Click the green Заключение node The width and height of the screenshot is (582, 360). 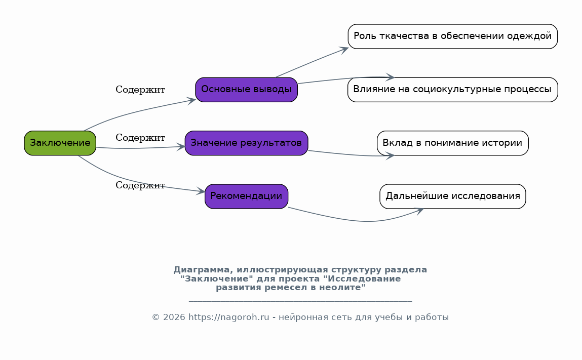click(60, 143)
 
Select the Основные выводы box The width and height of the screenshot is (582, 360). click(247, 90)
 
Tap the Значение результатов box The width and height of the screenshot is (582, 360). click(247, 143)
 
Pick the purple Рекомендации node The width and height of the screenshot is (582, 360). click(247, 196)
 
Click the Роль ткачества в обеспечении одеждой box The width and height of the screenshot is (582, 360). click(453, 36)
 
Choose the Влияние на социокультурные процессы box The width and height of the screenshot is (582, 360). click(453, 90)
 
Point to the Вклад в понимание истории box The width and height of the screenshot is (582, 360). click(453, 143)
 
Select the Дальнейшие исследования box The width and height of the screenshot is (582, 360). click(453, 196)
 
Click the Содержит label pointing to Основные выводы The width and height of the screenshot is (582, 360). click(140, 90)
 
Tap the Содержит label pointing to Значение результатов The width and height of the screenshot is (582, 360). click(140, 138)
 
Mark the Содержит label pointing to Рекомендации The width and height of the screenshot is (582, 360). click(140, 185)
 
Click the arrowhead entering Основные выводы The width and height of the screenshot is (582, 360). click(191, 101)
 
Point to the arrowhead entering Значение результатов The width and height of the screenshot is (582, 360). click(181, 147)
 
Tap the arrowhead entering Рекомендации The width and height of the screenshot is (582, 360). click(201, 191)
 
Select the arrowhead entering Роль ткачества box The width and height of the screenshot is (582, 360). click(344, 49)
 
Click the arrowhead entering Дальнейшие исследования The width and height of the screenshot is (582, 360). click(419, 211)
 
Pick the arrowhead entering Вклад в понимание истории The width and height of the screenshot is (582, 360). click(390, 156)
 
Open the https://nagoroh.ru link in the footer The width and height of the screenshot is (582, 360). click(228, 317)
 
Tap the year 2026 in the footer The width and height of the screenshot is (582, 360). click(174, 317)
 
